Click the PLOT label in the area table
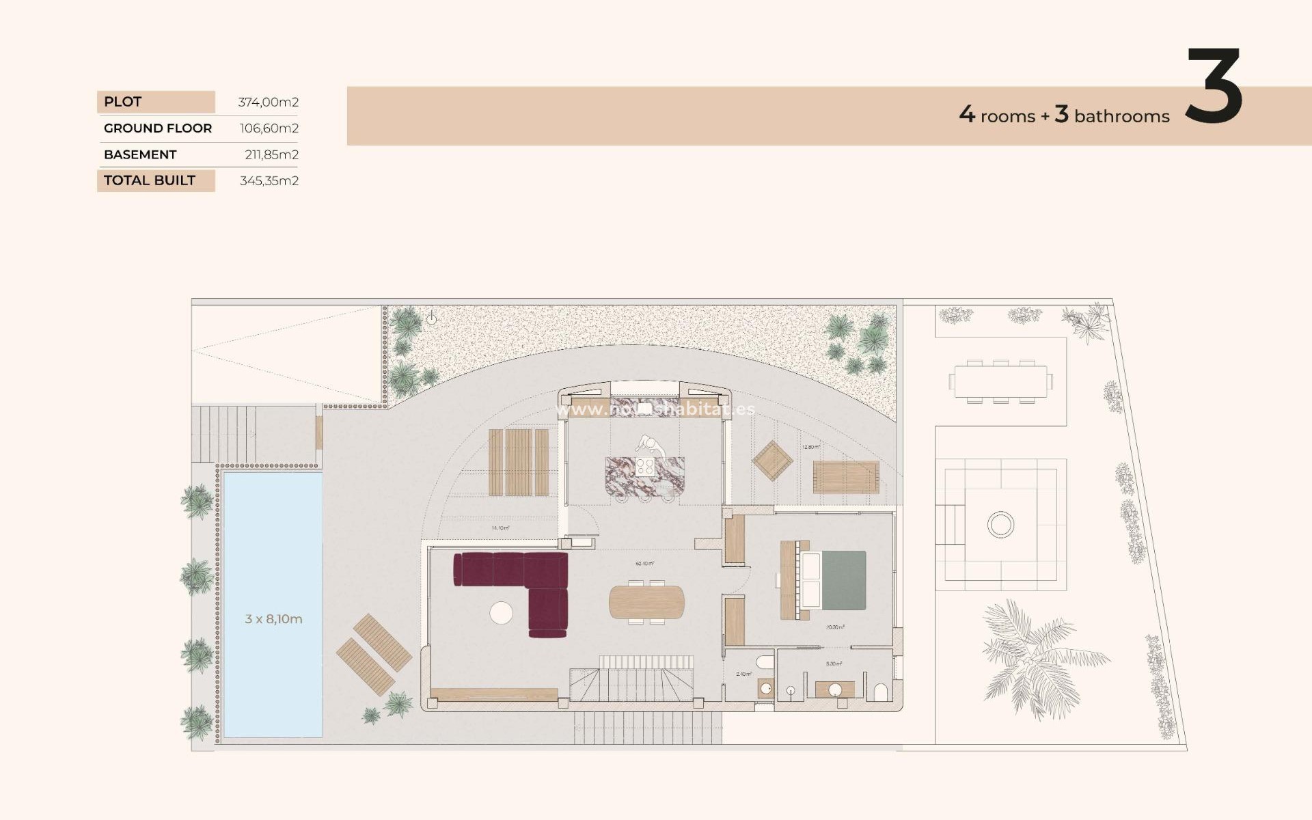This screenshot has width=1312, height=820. click(x=123, y=102)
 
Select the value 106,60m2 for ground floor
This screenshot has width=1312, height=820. click(x=269, y=128)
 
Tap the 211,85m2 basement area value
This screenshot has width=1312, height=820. click(x=271, y=154)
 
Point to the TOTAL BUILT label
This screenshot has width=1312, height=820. click(x=150, y=180)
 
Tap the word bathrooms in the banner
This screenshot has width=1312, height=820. click(x=1121, y=117)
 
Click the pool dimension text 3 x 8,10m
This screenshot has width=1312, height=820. click(x=273, y=619)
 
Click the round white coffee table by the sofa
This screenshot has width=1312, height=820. click(x=502, y=612)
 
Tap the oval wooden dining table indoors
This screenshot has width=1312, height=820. click(x=646, y=602)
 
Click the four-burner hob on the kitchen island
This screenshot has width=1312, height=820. click(x=645, y=467)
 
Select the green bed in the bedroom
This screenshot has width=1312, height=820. click(x=842, y=580)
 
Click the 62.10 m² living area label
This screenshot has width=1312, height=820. click(x=644, y=564)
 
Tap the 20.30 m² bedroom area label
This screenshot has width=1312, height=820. click(x=834, y=627)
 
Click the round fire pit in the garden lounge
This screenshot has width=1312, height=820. click(x=1000, y=525)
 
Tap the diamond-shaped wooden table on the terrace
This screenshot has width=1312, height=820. click(x=773, y=461)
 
